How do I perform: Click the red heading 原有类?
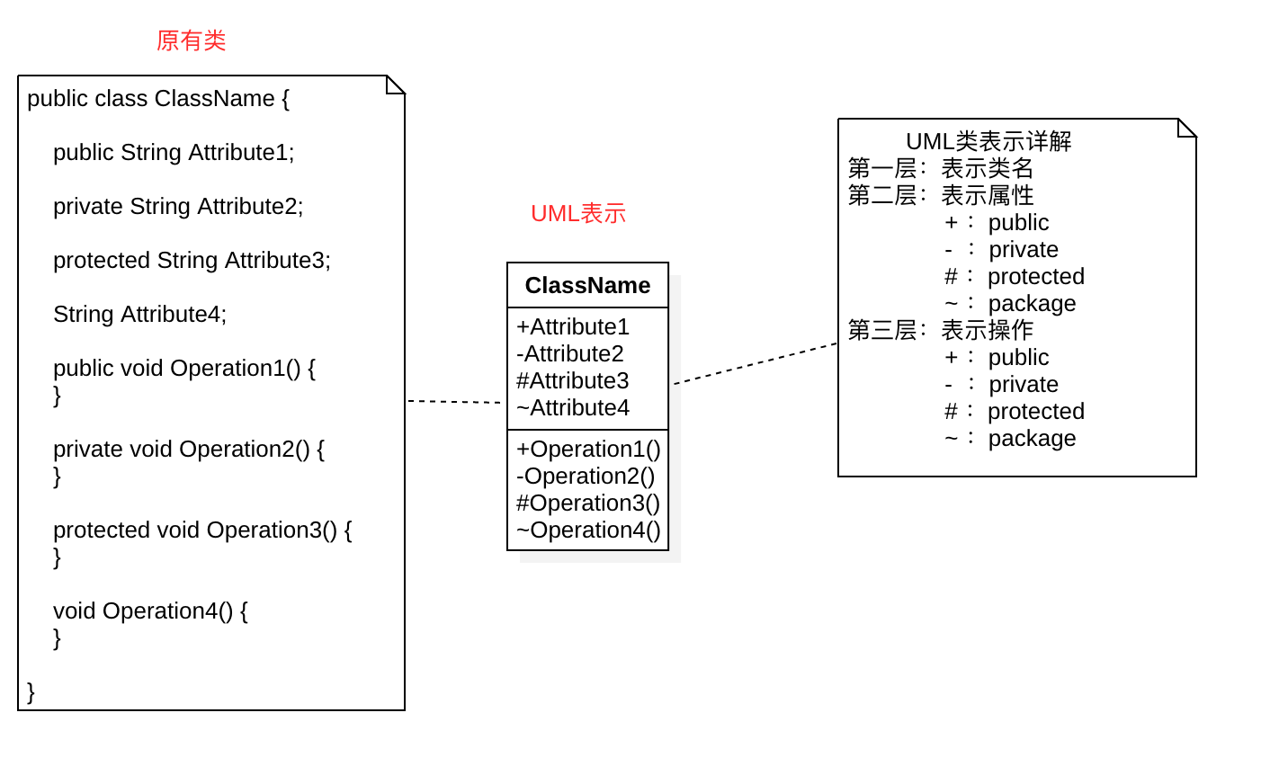point(191,40)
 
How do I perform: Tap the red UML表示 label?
point(578,213)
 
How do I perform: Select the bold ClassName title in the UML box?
point(587,285)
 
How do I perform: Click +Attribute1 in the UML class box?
point(573,326)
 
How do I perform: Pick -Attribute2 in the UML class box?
point(570,353)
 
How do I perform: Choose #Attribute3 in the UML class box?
point(573,380)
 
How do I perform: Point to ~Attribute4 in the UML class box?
point(573,407)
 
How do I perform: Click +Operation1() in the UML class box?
point(588,449)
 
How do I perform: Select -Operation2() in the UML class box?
point(586,476)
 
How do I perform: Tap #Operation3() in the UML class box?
point(588,503)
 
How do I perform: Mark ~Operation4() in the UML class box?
point(588,530)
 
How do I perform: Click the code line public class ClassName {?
point(158,98)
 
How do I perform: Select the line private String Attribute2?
point(178,206)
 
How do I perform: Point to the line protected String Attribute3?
point(192,260)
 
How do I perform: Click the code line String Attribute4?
point(139,314)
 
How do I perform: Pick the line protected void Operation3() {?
point(202,530)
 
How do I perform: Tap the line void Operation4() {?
point(150,610)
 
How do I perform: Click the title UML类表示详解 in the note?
point(988,141)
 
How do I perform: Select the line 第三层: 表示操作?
point(941,330)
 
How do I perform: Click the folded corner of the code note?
point(396,85)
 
